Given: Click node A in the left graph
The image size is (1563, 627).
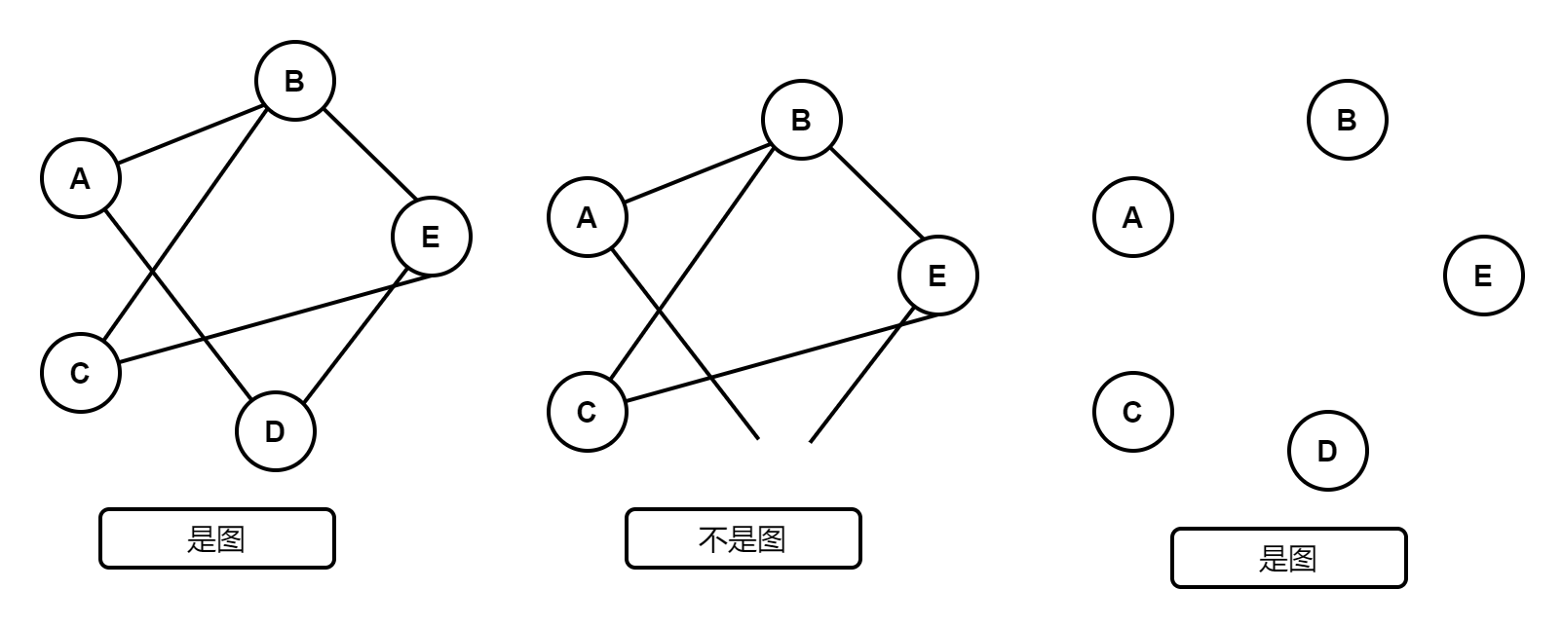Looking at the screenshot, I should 81,178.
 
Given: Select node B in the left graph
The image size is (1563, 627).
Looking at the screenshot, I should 295,81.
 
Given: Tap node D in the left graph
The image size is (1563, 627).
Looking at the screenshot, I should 276,431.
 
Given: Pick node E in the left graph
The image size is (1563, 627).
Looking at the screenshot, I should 432,237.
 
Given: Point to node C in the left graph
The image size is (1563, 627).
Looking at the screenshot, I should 81,373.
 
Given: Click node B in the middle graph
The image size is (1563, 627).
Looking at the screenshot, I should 802,120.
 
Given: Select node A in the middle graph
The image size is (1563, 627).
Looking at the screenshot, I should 588,217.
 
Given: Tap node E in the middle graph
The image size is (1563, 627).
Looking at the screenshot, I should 938,276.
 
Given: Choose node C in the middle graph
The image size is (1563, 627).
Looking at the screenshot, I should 588,412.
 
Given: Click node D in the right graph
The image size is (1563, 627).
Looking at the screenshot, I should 1328,451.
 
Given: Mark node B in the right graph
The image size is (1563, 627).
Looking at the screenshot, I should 1348,120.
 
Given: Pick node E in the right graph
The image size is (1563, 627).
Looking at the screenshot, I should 1484,276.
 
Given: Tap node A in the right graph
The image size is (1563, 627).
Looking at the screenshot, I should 1133,217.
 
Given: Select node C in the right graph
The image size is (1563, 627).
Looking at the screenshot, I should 1133,412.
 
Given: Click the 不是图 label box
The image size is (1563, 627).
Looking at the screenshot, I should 743,538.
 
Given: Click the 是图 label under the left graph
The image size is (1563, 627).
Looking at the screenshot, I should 217,538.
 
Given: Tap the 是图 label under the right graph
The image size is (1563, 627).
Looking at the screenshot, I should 1289,558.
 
